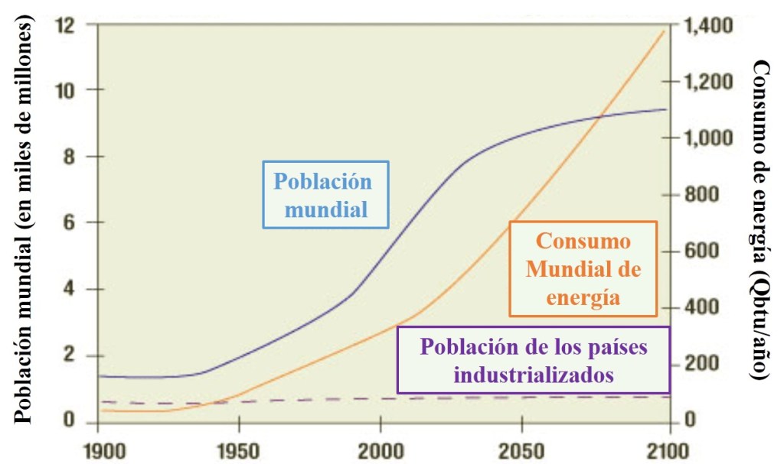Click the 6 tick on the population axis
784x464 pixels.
75,222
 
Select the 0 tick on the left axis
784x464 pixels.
75,421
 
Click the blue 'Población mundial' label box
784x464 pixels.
325,195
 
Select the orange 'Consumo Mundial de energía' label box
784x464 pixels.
583,269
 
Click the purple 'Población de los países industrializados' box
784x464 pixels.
534,360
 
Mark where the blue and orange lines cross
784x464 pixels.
601,115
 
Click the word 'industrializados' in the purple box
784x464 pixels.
534,375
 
